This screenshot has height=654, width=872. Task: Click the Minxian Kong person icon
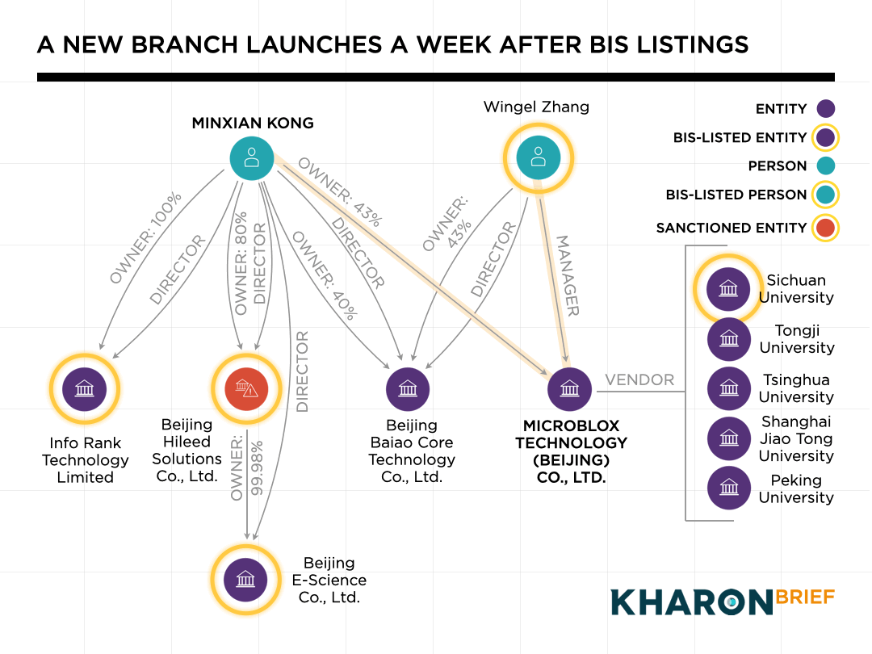click(x=251, y=158)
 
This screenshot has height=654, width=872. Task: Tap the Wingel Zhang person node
click(x=538, y=157)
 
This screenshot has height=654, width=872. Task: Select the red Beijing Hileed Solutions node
click(x=245, y=388)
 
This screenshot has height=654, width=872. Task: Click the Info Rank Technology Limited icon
click(x=84, y=388)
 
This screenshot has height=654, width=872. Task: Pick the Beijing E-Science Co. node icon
click(x=245, y=579)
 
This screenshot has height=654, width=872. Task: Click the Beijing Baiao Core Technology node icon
click(x=408, y=388)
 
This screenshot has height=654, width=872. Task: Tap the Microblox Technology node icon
click(x=569, y=388)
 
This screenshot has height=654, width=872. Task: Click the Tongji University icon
click(x=728, y=339)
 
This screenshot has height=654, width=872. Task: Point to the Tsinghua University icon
click(x=728, y=388)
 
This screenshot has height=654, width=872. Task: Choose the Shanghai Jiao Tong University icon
click(x=728, y=438)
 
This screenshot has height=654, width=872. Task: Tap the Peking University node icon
click(x=728, y=488)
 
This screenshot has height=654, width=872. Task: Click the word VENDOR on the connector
click(x=639, y=379)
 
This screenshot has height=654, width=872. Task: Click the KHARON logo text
click(x=691, y=602)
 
